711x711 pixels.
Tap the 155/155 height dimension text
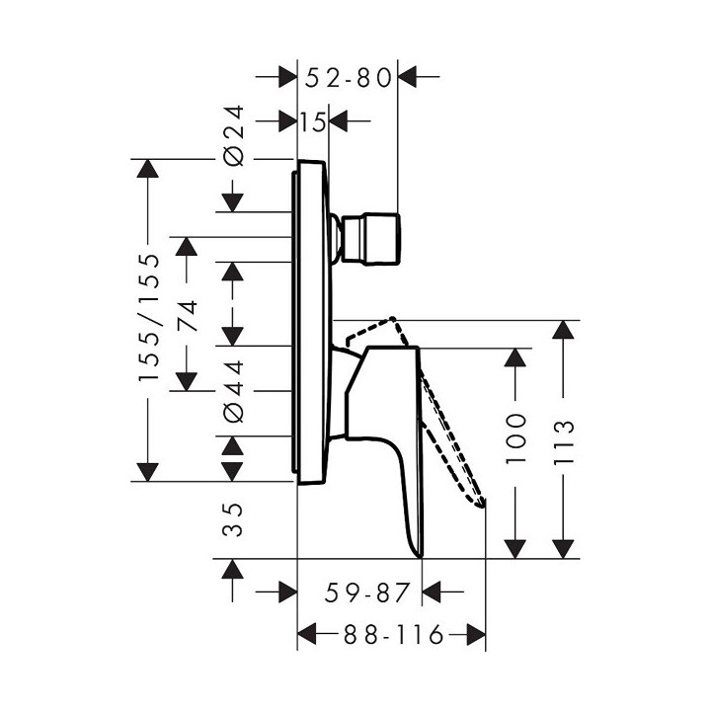tap(148, 318)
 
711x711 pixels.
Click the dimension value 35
tap(233, 518)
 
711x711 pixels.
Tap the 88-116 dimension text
tap(390, 632)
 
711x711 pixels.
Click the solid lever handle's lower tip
tap(421, 553)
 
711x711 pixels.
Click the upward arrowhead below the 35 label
tap(233, 571)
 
